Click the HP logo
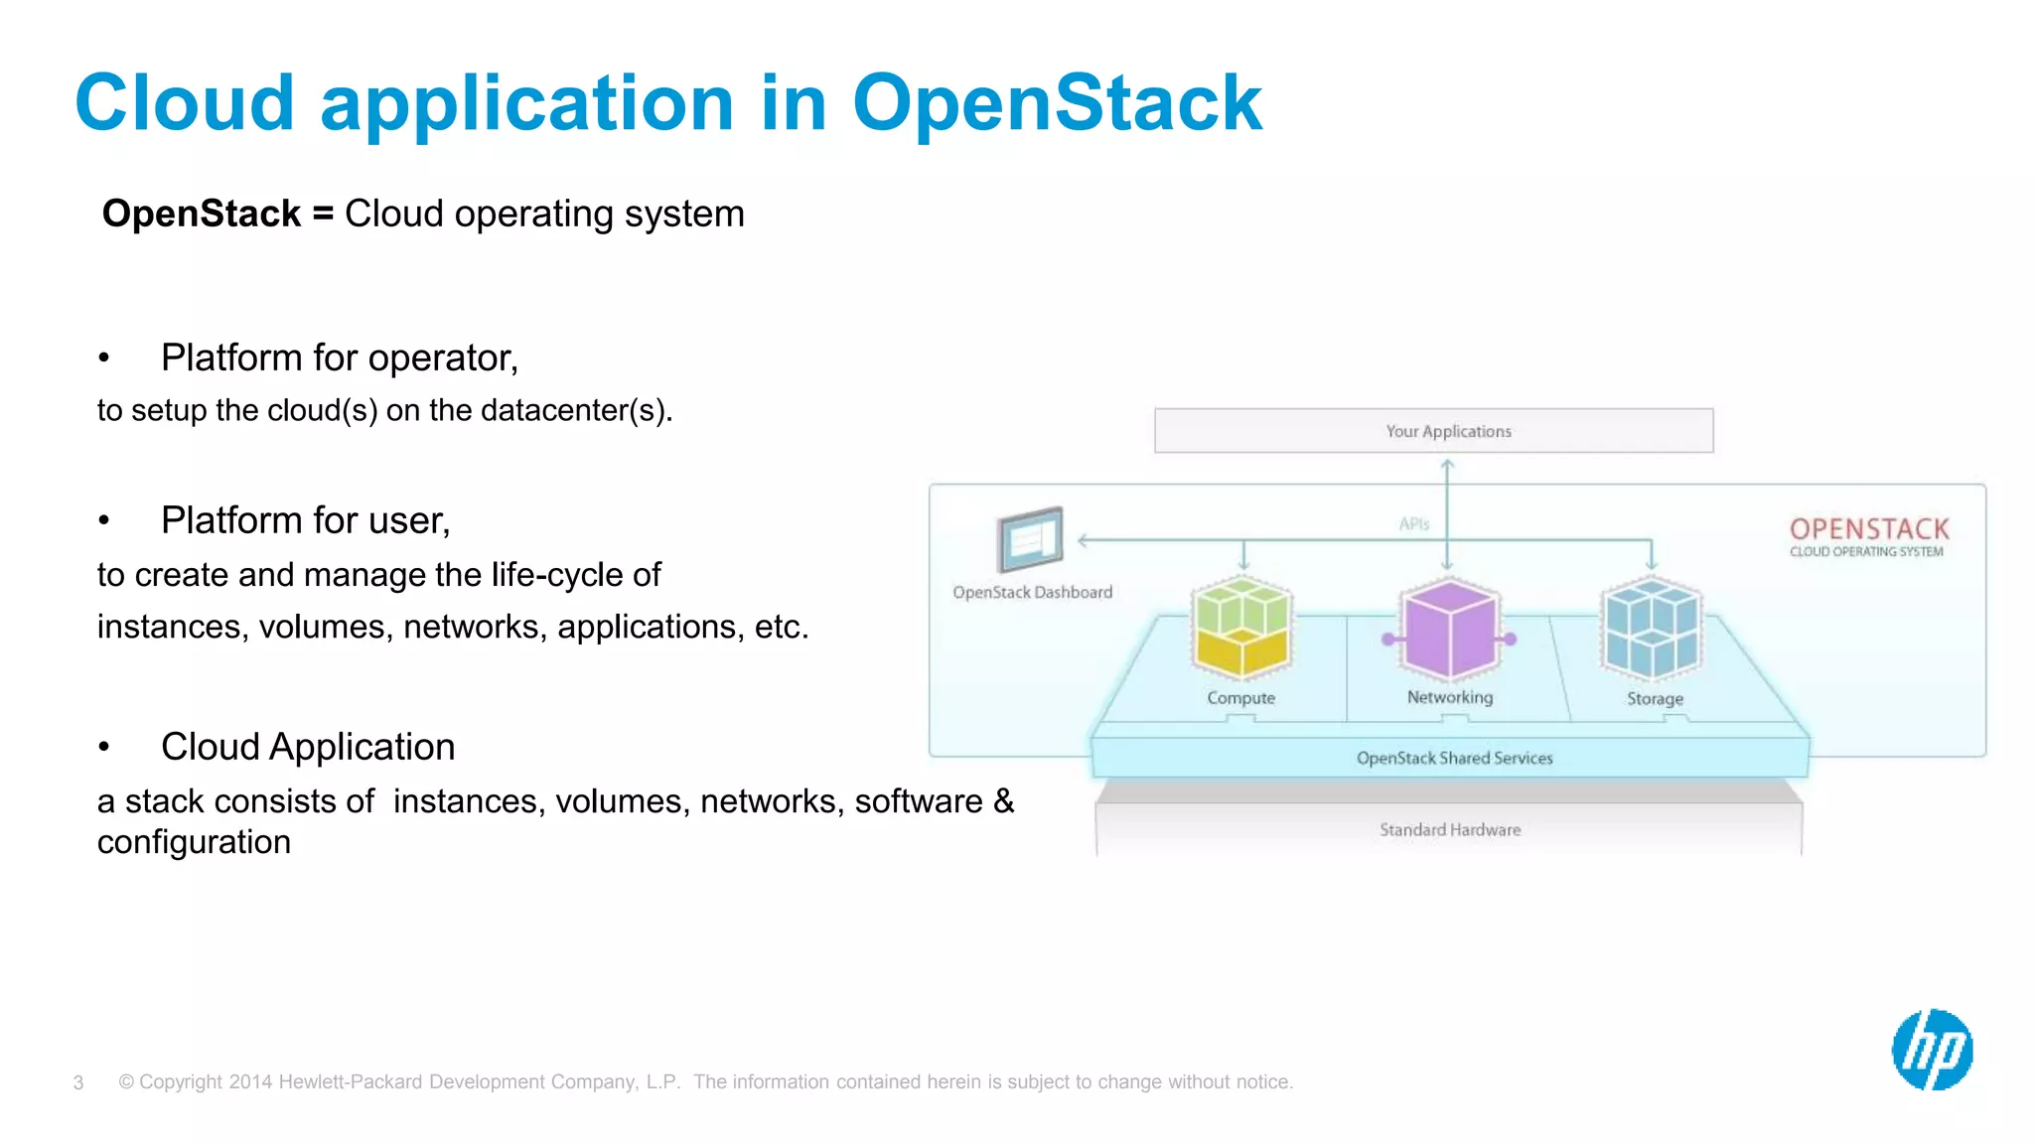pos(1932,1050)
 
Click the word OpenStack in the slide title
pos(1057,103)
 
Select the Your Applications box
pos(1433,431)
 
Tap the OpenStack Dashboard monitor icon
pos(1030,539)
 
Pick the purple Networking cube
pos(1449,629)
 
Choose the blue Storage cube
pos(1652,629)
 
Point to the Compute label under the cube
pos(1240,698)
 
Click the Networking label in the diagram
pos(1449,697)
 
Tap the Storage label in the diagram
pos(1655,699)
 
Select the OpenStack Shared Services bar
pos(1453,758)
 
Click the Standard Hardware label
pos(1449,830)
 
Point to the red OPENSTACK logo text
pos(1869,528)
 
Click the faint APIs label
pos(1413,524)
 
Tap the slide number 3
pos(78,1082)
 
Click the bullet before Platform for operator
pos(104,358)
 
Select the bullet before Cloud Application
pos(104,748)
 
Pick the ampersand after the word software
pos(1003,801)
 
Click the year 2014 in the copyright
pos(250,1082)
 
